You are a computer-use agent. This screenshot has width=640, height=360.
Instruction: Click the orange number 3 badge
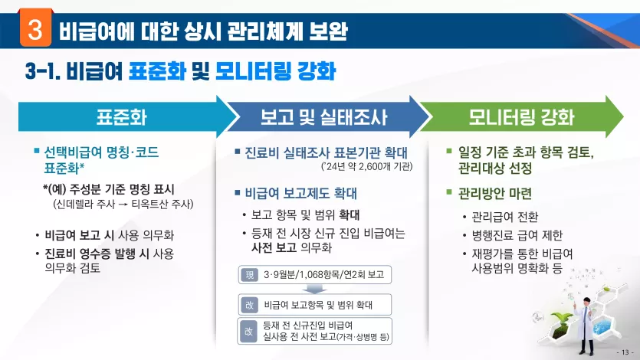[35, 28]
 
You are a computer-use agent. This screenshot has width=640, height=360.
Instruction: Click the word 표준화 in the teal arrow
[121, 117]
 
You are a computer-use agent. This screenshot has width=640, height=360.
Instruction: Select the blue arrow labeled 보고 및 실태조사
[324, 116]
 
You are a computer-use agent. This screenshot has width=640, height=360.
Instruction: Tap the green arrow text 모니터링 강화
[521, 117]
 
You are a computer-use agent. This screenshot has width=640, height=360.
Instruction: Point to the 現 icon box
[249, 275]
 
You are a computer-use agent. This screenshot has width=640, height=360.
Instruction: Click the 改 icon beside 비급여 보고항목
[249, 305]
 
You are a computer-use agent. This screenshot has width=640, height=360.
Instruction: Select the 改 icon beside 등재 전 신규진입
[248, 332]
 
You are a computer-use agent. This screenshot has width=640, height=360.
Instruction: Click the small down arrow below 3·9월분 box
[314, 289]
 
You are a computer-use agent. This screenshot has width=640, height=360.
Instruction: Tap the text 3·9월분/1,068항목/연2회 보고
[323, 275]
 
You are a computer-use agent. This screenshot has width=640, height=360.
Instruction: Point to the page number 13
[625, 352]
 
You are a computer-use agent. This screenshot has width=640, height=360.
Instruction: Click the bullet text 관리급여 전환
[505, 217]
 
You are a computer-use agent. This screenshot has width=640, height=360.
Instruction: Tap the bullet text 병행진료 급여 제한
[517, 235]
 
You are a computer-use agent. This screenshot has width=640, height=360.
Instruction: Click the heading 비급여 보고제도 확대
[300, 193]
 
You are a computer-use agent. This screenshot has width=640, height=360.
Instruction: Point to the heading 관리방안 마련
[494, 193]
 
